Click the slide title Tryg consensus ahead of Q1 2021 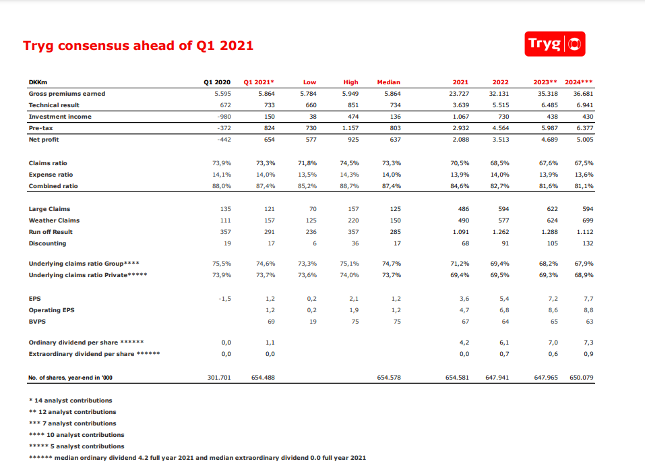coord(138,46)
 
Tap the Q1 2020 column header coord(217,82)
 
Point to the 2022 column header coord(500,82)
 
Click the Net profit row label coord(44,140)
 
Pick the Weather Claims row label coord(54,220)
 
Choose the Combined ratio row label coord(53,186)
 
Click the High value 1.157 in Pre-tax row coord(350,128)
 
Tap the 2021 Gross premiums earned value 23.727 coord(458,94)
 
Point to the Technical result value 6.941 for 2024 coord(584,105)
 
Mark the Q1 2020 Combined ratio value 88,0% coord(221,186)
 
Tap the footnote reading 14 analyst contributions coord(70,401)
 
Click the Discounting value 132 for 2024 coord(588,243)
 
